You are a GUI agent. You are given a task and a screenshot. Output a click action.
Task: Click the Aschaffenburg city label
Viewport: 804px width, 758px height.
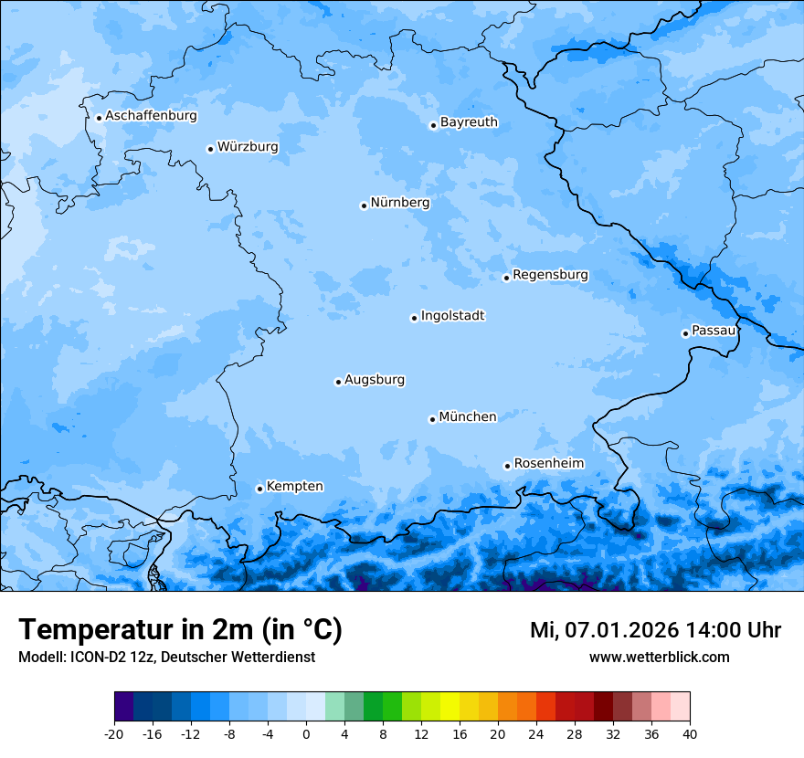coord(151,116)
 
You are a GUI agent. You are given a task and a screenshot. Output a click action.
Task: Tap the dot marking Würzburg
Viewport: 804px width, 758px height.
coord(210,149)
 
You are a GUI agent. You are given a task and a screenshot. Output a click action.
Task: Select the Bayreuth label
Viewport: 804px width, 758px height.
coord(469,122)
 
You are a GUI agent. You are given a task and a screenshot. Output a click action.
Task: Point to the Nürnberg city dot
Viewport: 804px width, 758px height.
coord(364,205)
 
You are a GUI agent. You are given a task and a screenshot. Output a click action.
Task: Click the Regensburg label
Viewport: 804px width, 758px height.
coord(550,275)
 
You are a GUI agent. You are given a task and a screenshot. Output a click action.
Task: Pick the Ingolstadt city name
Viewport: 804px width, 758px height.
coord(452,316)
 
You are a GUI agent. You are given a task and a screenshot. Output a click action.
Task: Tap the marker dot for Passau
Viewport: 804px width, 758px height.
coord(685,333)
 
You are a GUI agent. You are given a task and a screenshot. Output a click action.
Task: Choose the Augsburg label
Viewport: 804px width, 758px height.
coord(375,380)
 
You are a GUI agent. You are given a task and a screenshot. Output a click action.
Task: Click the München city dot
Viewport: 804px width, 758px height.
coord(432,419)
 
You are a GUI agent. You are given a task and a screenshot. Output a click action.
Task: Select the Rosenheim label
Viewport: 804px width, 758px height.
coord(548,464)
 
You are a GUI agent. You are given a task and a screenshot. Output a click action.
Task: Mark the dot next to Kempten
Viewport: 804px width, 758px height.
coord(259,489)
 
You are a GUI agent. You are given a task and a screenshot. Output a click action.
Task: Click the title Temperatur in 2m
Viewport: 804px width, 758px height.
coord(180,630)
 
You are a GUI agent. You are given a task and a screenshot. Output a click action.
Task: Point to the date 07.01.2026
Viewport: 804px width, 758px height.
coord(619,630)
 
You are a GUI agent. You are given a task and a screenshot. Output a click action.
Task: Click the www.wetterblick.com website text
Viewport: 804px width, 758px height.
coord(659,658)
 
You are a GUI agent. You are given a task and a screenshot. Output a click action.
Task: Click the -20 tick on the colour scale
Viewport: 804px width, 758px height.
coord(114,734)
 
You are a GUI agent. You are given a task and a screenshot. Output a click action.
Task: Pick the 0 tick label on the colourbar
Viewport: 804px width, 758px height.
coord(306,734)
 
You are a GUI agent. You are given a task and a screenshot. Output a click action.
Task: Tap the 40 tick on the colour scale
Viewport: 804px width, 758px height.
coord(690,734)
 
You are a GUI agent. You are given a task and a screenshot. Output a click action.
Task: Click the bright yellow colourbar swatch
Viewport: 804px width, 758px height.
coord(450,707)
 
